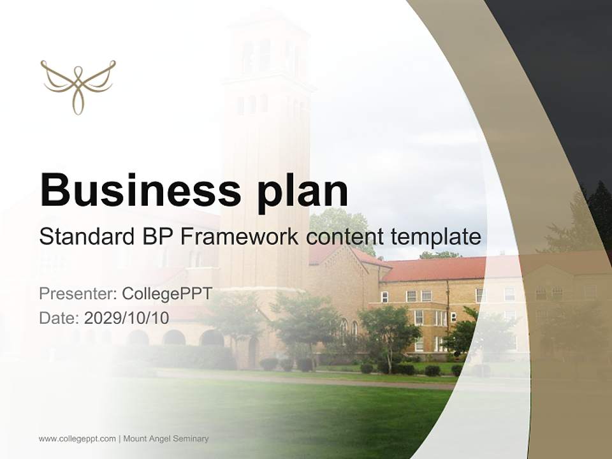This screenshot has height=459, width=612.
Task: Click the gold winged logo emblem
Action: pos(78,86)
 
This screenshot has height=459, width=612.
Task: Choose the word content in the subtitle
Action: pos(345,237)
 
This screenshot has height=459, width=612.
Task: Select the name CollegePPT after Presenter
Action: pos(167,294)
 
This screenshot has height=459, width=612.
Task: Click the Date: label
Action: pos(59,318)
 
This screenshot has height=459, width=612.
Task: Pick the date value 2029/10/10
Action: pos(127,318)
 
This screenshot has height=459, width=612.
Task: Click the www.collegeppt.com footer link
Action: pos(77,439)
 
